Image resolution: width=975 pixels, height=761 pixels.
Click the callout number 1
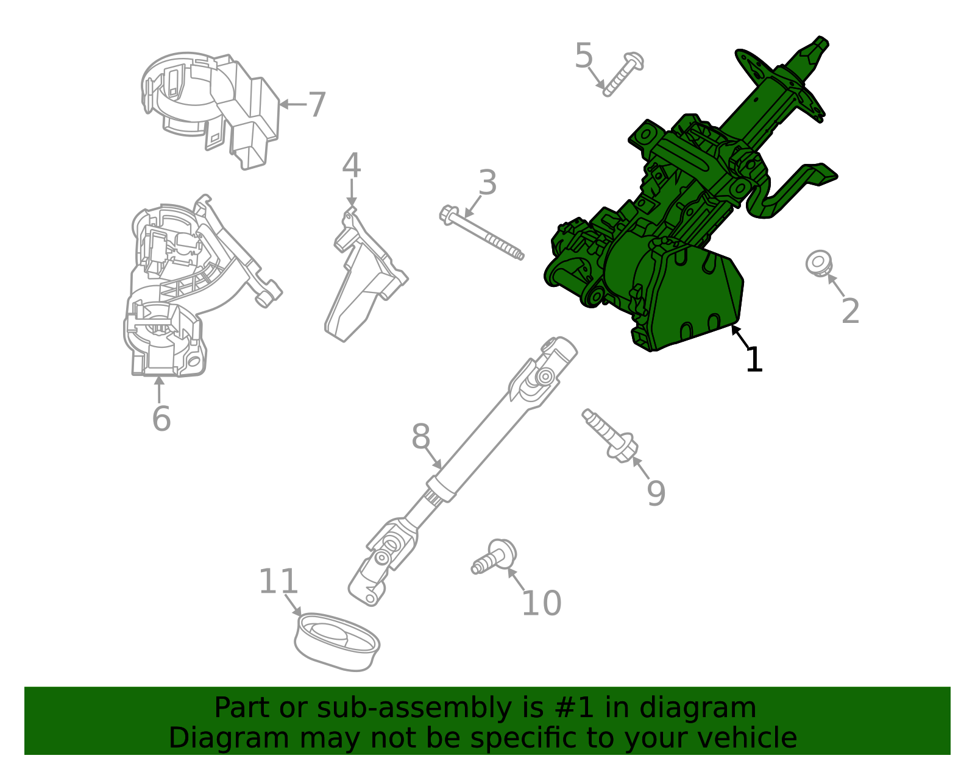[x=754, y=359]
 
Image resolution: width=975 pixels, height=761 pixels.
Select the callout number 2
[x=849, y=311]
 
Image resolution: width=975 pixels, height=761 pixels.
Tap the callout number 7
[x=317, y=105]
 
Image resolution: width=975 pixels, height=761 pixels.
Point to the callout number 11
[x=278, y=582]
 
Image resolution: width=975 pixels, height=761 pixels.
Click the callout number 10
[x=541, y=603]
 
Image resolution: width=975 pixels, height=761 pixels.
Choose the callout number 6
[x=161, y=419]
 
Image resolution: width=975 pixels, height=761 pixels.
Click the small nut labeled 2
[x=818, y=263]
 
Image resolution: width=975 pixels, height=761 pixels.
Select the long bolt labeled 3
[x=481, y=234]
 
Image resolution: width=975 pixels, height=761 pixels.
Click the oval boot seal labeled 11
[x=336, y=642]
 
